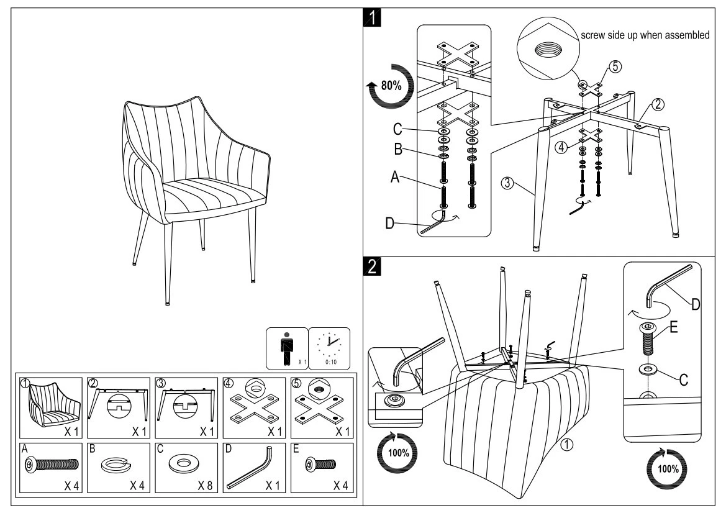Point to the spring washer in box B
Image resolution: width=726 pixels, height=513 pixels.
click(x=117, y=463)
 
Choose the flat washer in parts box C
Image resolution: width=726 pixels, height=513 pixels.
click(x=185, y=463)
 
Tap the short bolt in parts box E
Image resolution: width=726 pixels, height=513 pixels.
click(x=320, y=464)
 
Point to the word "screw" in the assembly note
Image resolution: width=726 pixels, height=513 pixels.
click(x=594, y=35)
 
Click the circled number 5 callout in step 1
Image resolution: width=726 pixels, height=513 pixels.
click(x=614, y=67)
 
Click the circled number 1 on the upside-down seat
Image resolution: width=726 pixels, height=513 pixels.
click(x=566, y=445)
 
